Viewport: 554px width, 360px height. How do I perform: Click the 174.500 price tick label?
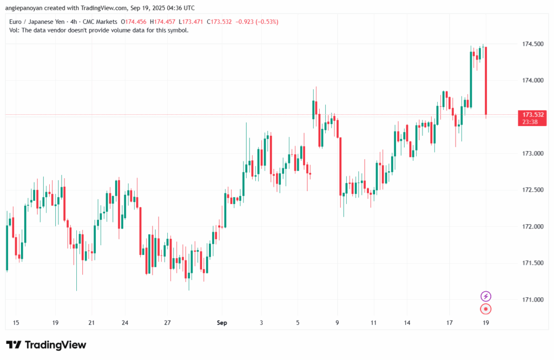click(532, 43)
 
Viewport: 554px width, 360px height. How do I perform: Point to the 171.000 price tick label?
click(532, 299)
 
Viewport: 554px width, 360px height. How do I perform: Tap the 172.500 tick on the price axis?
click(532, 190)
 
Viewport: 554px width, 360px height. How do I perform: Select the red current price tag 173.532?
click(533, 114)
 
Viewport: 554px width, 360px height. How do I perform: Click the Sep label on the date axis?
click(222, 323)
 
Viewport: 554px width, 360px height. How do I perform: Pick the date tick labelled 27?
click(168, 323)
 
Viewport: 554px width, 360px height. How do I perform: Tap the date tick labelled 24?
click(124, 323)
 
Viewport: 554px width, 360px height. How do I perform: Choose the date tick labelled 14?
click(407, 323)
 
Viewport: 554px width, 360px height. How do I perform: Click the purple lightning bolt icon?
click(486, 296)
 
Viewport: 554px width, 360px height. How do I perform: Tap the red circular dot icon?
click(486, 309)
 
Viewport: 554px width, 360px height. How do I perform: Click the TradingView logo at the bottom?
click(46, 345)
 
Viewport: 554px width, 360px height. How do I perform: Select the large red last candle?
click(486, 81)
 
